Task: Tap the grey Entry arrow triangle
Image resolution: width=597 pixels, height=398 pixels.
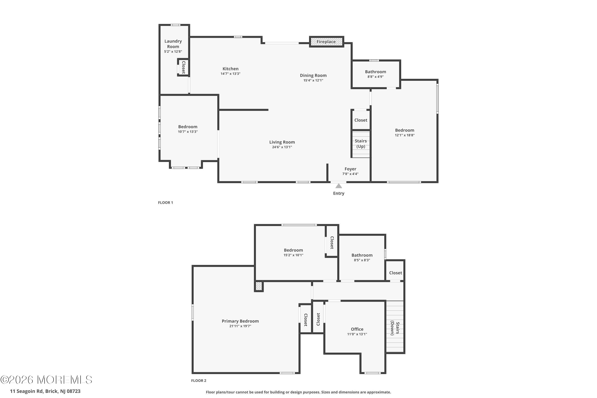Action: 339,186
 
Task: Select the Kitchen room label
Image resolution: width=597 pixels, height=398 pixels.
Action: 230,69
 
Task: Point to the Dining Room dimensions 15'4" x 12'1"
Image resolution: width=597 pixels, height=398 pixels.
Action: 313,80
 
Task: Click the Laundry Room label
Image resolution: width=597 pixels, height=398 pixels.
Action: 173,44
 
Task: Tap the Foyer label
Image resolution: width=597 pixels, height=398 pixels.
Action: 350,169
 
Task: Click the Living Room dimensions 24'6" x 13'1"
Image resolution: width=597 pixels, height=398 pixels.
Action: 282,147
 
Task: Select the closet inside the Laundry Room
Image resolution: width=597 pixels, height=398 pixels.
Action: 183,67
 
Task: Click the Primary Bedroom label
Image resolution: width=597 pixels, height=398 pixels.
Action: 240,321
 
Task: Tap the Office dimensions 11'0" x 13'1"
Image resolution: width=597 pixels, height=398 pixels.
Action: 357,334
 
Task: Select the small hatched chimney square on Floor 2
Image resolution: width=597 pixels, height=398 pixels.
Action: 259,286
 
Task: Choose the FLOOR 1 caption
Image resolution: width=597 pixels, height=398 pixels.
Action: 166,203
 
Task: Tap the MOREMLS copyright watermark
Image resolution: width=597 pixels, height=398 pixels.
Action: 46,380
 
